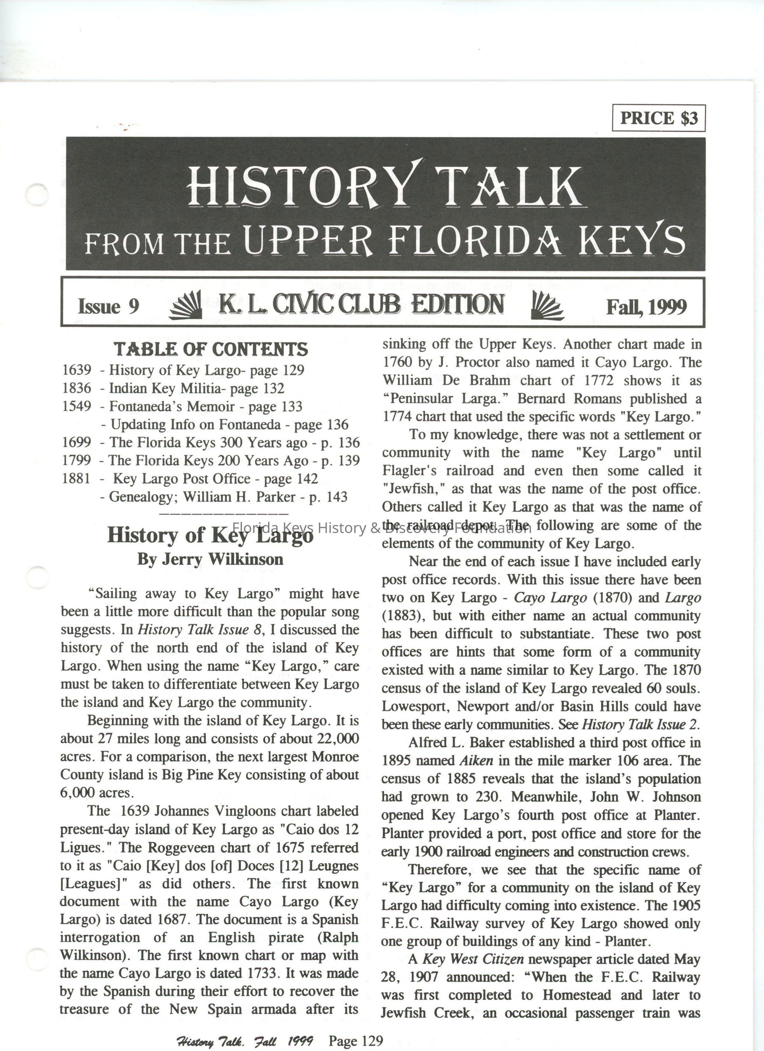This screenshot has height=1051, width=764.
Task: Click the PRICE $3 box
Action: click(658, 118)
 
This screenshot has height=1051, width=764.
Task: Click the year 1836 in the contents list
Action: click(77, 388)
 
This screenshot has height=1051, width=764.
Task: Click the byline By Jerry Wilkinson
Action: click(210, 559)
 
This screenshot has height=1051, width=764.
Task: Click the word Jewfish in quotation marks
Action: click(412, 489)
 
